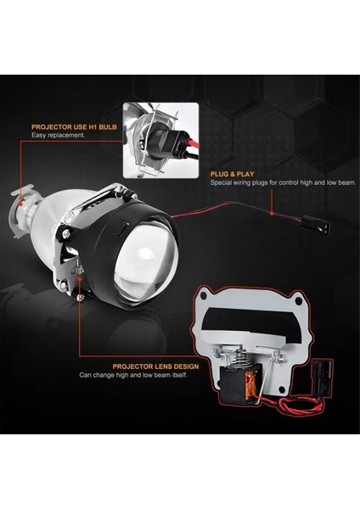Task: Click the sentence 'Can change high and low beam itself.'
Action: point(133,374)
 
